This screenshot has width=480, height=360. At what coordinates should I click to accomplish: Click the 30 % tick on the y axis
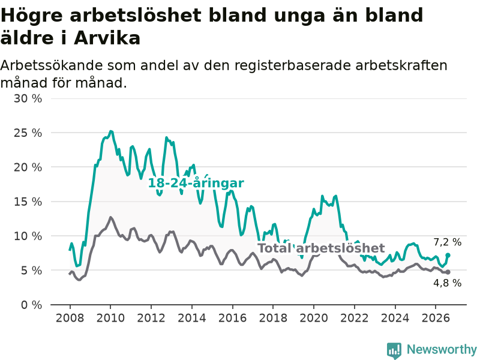click(x=28, y=98)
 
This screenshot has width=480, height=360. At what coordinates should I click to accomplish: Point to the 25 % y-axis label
click(x=28, y=133)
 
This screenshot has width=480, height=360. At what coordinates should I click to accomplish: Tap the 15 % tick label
click(x=28, y=202)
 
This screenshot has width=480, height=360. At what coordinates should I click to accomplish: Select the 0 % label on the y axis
click(x=32, y=305)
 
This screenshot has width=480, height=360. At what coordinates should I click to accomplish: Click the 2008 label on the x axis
click(x=70, y=318)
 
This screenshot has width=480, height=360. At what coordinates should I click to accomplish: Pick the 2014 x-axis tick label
click(x=192, y=318)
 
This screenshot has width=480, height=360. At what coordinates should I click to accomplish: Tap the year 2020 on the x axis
click(x=314, y=318)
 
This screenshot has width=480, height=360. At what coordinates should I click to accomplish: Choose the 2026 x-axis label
click(x=436, y=318)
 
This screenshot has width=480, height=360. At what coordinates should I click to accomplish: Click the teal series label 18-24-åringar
click(x=196, y=183)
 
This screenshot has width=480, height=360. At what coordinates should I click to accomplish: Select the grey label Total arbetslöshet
click(x=321, y=248)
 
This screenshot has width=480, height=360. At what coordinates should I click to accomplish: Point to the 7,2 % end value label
click(x=447, y=242)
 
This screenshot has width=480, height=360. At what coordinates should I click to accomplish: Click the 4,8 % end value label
click(x=447, y=283)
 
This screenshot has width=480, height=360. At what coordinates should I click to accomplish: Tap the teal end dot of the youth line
click(x=448, y=255)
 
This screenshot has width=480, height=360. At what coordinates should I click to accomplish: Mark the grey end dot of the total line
click(x=448, y=272)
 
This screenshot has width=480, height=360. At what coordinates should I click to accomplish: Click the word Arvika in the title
click(x=107, y=38)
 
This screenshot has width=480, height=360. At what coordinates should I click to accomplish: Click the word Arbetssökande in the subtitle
click(x=51, y=65)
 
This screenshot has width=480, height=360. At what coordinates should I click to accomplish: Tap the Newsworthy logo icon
click(x=394, y=350)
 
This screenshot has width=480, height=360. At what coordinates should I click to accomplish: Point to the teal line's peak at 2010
click(x=111, y=131)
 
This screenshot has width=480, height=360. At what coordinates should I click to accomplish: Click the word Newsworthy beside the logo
click(x=442, y=349)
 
